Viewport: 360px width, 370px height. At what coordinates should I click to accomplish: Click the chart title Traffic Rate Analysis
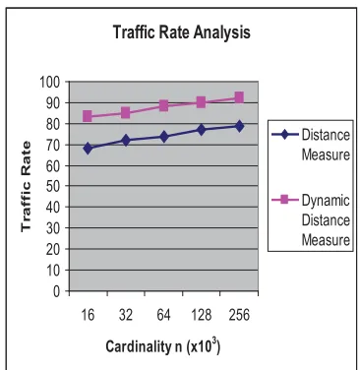pos(182,32)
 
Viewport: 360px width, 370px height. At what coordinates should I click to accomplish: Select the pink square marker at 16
pos(88,116)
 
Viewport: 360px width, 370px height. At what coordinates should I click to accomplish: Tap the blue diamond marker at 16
pos(88,149)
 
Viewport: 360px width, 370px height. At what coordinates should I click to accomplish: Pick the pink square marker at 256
pos(239,97)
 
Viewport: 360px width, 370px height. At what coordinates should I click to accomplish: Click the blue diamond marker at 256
pos(239,126)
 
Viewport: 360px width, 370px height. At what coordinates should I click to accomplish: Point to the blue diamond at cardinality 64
pos(164,137)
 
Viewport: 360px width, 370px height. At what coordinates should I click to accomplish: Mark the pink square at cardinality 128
pos(201,102)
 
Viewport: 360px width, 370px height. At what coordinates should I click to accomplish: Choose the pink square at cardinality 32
pos(126,113)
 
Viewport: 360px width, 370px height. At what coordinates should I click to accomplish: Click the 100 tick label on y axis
pos(50,82)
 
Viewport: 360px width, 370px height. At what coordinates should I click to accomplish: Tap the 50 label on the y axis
pos(53,186)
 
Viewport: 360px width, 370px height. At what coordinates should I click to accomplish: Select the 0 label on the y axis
pos(57,291)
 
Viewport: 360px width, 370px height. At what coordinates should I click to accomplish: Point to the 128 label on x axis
pos(202,315)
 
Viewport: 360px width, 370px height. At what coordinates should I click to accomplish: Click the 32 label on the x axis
pos(126,315)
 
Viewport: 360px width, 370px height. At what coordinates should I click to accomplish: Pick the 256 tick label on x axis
pos(239,315)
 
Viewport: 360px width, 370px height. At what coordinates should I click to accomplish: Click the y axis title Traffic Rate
pos(26,187)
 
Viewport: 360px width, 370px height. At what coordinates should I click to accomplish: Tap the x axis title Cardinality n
pos(144,346)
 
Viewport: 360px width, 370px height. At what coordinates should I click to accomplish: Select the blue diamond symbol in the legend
pos(285,134)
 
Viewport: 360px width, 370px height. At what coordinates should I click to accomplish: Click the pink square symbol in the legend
pos(284,199)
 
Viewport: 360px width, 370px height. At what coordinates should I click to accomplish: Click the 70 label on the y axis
pos(53,145)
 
